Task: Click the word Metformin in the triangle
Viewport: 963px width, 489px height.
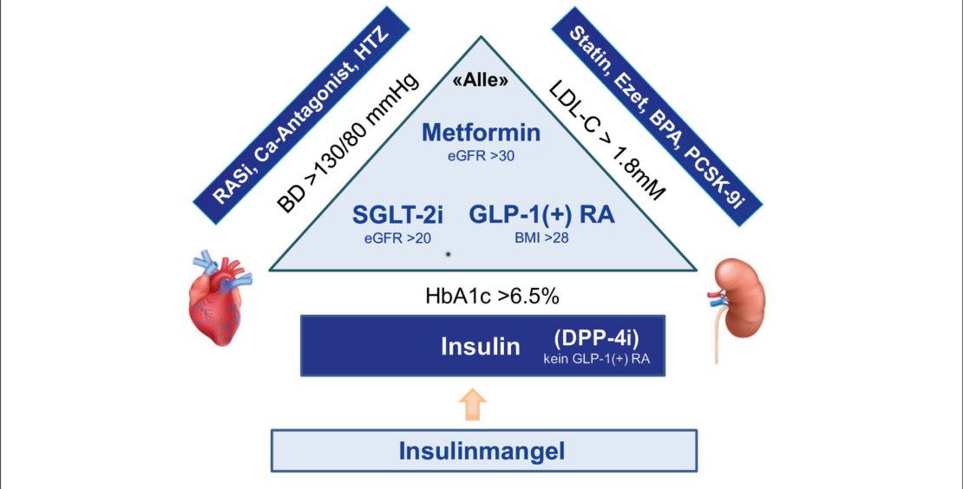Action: [481, 134]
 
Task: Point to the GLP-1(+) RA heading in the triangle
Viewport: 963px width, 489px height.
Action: [542, 215]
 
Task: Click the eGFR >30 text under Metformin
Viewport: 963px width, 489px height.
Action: [481, 156]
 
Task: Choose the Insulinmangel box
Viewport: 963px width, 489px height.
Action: [481, 451]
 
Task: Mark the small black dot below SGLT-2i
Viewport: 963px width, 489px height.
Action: [448, 254]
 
